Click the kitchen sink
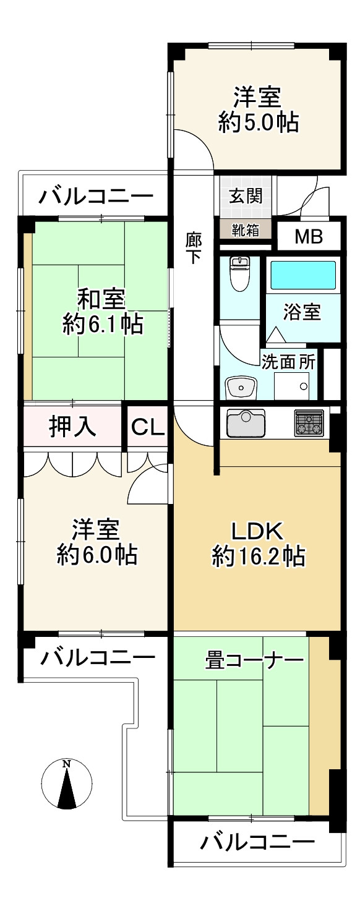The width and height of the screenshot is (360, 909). pyautogui.click(x=246, y=423)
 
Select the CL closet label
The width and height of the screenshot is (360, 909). pyautogui.click(x=148, y=427)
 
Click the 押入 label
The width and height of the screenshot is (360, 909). pyautogui.click(x=72, y=427)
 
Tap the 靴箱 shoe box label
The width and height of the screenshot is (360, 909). pyautogui.click(x=246, y=229)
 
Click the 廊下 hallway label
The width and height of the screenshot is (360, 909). pyautogui.click(x=194, y=248)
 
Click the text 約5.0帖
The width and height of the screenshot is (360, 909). pyautogui.click(x=258, y=122)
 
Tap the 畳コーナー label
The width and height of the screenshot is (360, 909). pyautogui.click(x=254, y=661)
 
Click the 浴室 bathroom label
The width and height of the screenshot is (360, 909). pyautogui.click(x=302, y=312)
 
